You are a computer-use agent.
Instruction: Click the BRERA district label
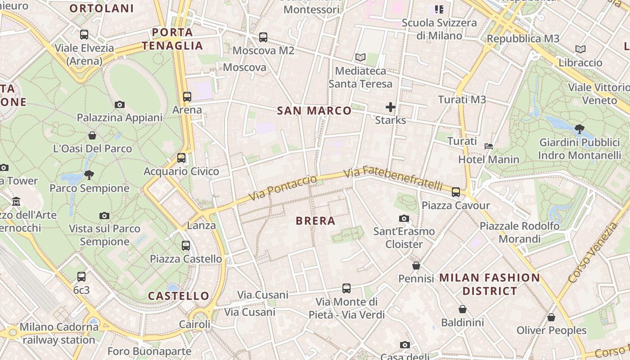(315, 221)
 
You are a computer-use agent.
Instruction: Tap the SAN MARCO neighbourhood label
(314, 111)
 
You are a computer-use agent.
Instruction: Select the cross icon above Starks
(390, 107)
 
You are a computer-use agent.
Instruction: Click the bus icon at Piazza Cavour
(456, 192)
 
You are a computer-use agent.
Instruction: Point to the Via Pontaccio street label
(283, 188)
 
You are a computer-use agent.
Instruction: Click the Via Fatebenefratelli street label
(393, 179)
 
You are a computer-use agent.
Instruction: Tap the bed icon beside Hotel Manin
(488, 146)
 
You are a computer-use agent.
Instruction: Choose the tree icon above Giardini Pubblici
(580, 129)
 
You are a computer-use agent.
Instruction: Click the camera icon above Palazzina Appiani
(119, 104)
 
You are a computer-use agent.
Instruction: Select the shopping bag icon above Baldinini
(462, 309)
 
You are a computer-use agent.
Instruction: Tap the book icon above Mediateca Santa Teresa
(360, 57)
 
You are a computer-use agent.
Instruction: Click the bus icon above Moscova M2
(263, 37)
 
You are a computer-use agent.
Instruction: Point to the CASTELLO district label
(179, 296)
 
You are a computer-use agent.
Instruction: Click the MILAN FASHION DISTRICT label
(490, 284)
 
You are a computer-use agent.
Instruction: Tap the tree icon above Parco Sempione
(89, 175)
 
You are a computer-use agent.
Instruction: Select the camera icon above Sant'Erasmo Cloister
(404, 218)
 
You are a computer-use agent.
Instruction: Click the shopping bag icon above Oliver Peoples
(551, 317)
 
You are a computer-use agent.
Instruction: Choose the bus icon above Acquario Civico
(181, 157)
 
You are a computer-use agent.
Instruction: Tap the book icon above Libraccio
(580, 49)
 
